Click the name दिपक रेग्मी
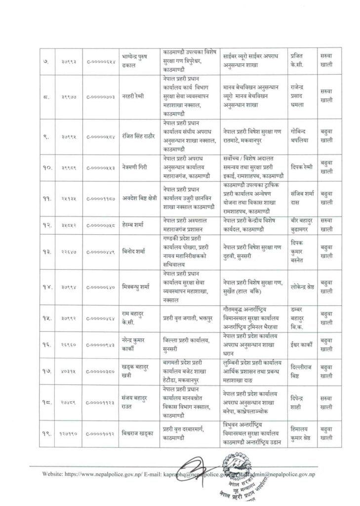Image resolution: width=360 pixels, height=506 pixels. coord(303,168)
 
